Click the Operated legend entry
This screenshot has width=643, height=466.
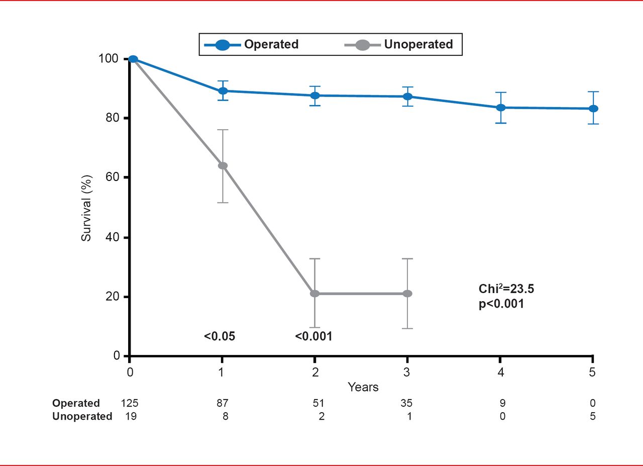(252, 44)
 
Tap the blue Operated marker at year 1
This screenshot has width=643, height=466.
(223, 91)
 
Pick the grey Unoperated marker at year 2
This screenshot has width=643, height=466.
(315, 294)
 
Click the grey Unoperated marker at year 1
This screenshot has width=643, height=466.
(223, 166)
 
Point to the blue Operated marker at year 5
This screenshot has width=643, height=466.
(593, 109)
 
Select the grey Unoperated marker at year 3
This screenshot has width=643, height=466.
(407, 294)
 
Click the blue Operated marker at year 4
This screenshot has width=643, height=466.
(500, 108)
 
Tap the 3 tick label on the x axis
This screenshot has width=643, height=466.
(407, 372)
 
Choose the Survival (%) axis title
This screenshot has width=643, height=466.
(86, 207)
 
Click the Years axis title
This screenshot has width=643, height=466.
(363, 387)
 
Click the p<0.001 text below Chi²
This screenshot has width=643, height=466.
(501, 304)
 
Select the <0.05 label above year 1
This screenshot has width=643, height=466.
(219, 336)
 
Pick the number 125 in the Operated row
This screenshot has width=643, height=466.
(129, 403)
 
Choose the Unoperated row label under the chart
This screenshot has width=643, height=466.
(82, 416)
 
